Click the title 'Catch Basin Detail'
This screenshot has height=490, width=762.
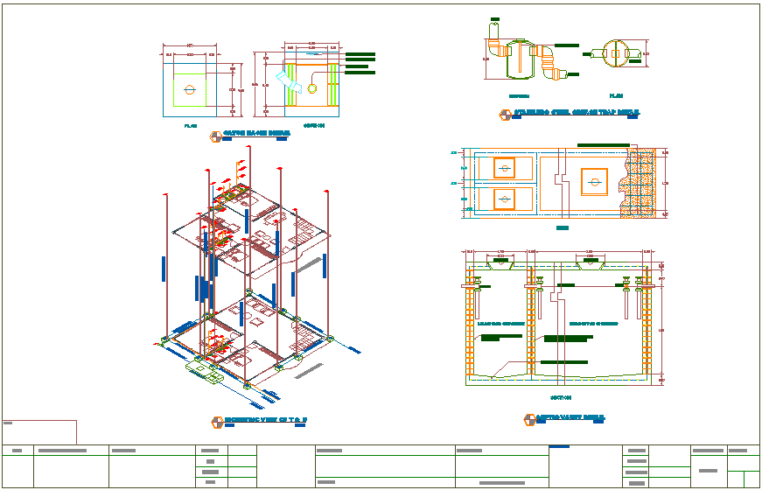pyautogui.click(x=255, y=134)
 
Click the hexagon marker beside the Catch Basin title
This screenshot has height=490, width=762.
pyautogui.click(x=215, y=136)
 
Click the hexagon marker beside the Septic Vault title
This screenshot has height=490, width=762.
pyautogui.click(x=529, y=421)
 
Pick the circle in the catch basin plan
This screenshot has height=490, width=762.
pyautogui.click(x=189, y=88)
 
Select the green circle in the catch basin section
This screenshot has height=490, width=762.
pyautogui.click(x=312, y=87)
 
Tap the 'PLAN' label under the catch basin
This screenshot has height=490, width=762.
pyautogui.click(x=191, y=126)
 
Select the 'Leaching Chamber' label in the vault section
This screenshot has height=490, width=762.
pyautogui.click(x=501, y=323)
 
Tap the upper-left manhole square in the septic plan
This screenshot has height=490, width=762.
pyautogui.click(x=504, y=167)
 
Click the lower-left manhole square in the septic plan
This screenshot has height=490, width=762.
pyautogui.click(x=504, y=199)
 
